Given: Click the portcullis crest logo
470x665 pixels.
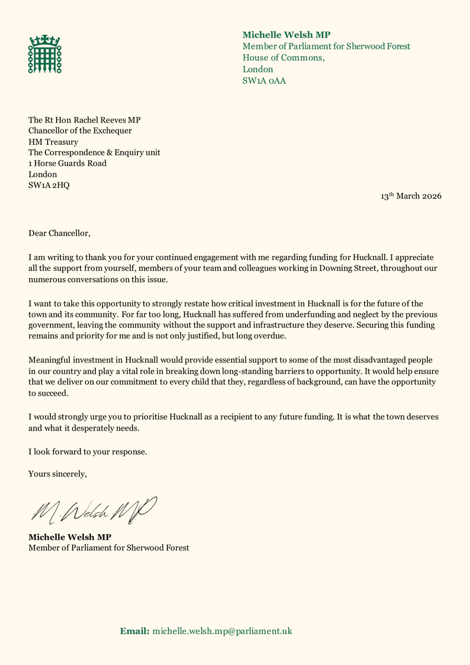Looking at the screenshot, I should [45, 54].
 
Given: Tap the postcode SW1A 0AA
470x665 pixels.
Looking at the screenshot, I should [264, 81].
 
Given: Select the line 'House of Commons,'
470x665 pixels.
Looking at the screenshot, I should [284, 58].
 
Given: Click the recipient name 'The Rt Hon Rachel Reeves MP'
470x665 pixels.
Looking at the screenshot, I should [89, 120].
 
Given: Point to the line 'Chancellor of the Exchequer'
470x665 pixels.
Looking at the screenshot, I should [80, 131].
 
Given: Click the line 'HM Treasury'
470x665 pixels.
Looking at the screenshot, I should [53, 142].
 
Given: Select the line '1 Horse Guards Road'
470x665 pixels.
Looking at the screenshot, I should [68, 163].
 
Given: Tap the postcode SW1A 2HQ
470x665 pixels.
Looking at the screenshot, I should [49, 185].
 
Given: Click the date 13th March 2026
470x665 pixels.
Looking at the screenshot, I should [411, 196].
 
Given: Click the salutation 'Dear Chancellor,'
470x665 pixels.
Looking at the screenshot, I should [59, 233].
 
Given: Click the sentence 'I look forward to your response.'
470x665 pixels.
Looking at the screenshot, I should [88, 452].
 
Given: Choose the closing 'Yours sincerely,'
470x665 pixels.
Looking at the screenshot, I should [58, 474].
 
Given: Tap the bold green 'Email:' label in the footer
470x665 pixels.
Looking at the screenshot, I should [135, 631].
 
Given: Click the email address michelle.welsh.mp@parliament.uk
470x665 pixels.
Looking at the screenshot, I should [222, 631].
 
